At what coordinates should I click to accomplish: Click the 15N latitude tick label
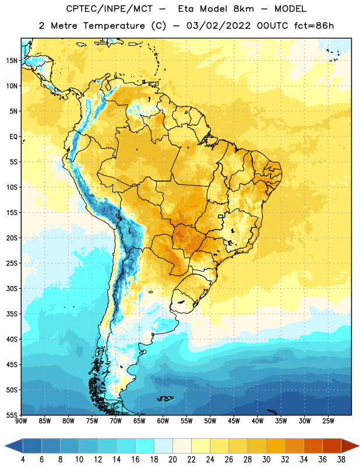tap(12, 61)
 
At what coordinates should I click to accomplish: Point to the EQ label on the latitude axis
tap(13, 137)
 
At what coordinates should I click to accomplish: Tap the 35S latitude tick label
tap(12, 314)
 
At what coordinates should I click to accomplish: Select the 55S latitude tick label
tap(12, 415)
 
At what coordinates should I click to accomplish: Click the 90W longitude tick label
tap(21, 421)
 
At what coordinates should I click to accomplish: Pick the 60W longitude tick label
tap(163, 421)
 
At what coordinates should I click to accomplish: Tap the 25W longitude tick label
tap(328, 421)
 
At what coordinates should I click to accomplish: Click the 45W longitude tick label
tap(234, 421)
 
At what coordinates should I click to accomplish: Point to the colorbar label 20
tap(172, 460)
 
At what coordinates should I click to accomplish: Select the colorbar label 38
tap(341, 460)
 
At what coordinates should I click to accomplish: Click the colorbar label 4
tap(23, 460)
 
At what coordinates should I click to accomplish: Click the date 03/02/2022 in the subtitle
tap(218, 26)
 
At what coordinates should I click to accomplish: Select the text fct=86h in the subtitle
tap(314, 26)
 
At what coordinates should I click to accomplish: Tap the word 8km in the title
tap(243, 9)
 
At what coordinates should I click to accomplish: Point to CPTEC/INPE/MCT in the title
tap(110, 9)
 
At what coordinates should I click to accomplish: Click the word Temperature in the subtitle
tap(114, 26)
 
